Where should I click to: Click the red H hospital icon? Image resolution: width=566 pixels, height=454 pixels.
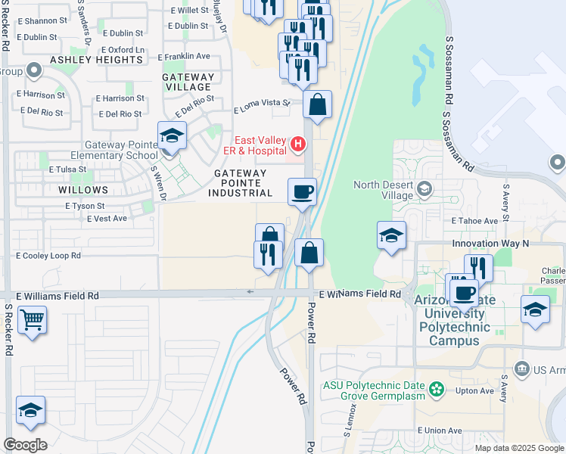[299, 143]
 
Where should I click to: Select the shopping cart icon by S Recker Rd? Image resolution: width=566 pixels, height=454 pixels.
[32, 319]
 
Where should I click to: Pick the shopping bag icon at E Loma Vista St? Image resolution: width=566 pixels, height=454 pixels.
[318, 104]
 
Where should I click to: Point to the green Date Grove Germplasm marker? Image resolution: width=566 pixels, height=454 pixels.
[436, 390]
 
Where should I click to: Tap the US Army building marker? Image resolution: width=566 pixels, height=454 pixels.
[521, 369]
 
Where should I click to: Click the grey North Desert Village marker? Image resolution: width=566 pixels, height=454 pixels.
[424, 188]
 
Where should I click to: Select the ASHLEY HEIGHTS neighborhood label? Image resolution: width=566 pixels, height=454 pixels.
[86, 59]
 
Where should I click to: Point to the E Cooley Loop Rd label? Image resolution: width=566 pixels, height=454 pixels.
[48, 256]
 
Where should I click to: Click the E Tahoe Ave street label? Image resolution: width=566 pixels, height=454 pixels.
[474, 221]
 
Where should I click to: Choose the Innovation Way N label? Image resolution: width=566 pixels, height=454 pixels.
[490, 244]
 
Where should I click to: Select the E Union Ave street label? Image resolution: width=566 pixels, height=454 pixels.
[439, 431]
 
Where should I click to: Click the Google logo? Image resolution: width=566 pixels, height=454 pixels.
[25, 445]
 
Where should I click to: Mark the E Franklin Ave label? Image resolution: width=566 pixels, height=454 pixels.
[184, 57]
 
